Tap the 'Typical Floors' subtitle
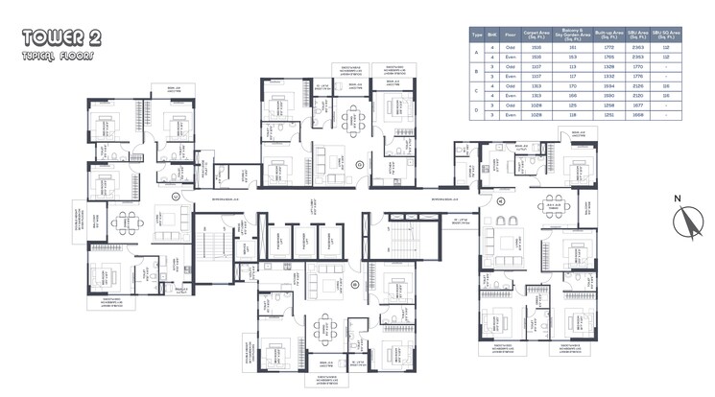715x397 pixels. (x=48, y=56)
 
